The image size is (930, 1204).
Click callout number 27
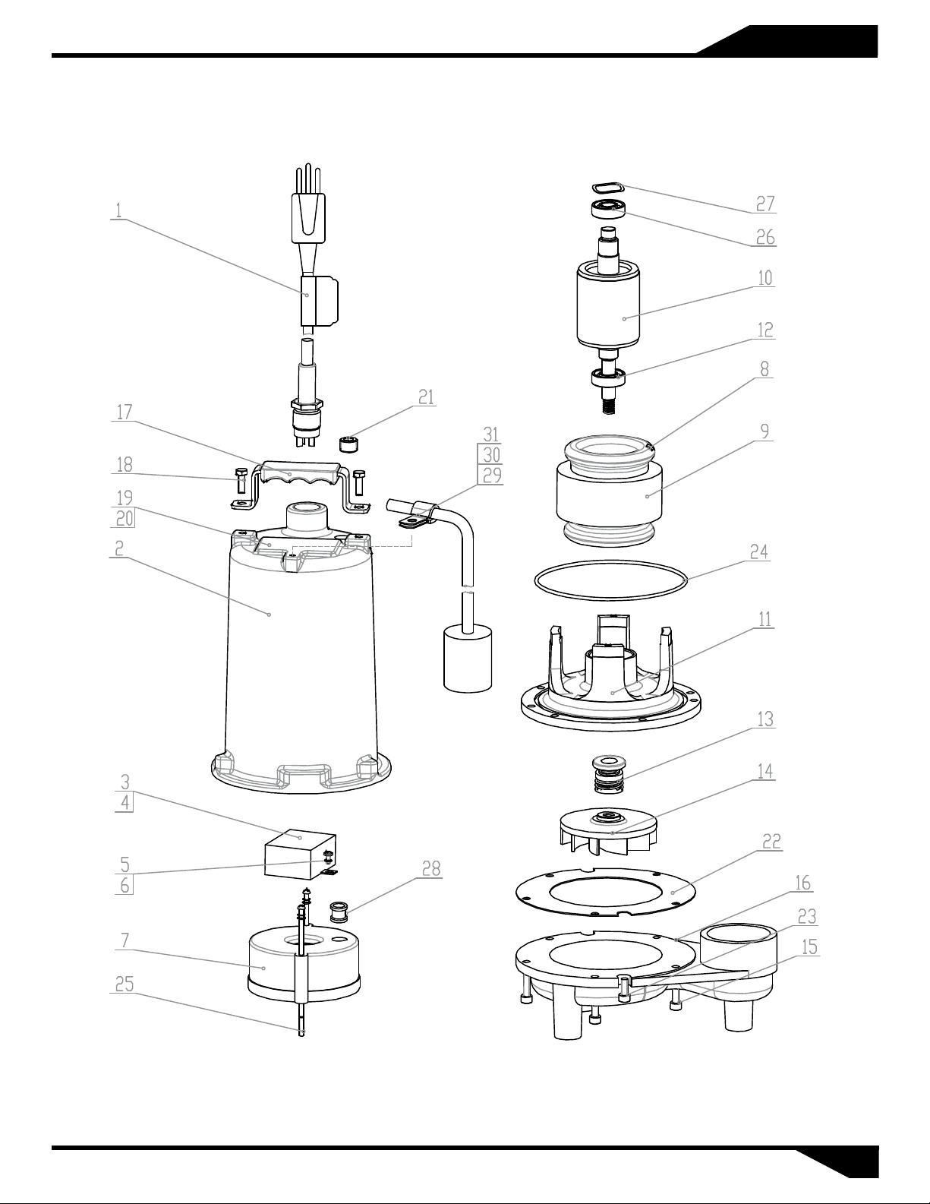pyautogui.click(x=765, y=204)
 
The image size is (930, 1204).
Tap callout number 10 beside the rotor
pyautogui.click(x=765, y=278)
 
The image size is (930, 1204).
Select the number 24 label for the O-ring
pyautogui.click(x=759, y=551)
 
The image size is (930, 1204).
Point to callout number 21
pyautogui.click(x=426, y=397)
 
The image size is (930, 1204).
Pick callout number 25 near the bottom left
pyautogui.click(x=125, y=984)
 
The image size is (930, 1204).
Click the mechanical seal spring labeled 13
pyautogui.click(x=608, y=773)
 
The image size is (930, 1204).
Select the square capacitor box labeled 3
pyautogui.click(x=300, y=853)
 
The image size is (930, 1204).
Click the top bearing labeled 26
pyautogui.click(x=609, y=209)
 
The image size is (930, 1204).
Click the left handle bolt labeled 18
pyautogui.click(x=240, y=481)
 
